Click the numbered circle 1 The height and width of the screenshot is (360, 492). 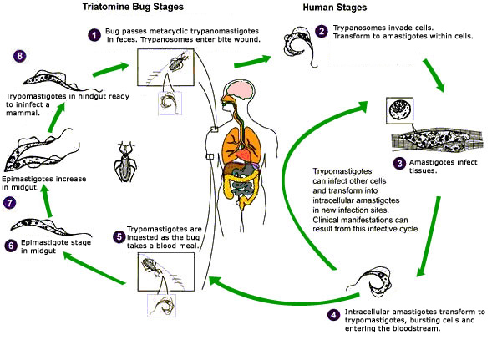94,35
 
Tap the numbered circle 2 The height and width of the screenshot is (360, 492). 322,32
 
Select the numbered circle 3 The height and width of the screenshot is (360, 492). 399,163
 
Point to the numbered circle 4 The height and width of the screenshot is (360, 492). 333,315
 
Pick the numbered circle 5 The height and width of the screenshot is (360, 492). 119,236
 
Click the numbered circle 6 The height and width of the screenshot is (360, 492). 11,245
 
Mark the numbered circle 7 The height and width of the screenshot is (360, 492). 10,203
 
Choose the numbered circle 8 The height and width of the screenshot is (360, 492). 20,56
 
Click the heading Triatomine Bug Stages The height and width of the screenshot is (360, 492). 133,7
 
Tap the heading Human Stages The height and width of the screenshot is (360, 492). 334,8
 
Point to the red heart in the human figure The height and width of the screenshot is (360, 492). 242,155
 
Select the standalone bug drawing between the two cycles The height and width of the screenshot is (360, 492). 125,162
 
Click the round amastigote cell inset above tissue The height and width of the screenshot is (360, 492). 400,110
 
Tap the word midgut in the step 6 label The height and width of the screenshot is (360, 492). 38,251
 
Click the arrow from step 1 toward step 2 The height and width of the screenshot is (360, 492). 252,61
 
